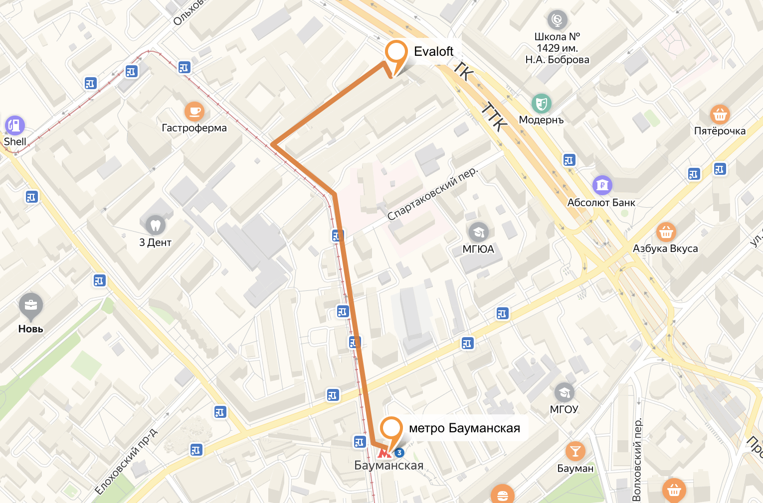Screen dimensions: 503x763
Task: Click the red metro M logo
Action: pos(383,453)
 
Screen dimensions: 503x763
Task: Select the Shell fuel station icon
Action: pos(15,125)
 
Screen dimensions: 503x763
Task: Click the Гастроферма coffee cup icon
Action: pos(194,111)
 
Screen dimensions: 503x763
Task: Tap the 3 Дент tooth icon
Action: pos(155,225)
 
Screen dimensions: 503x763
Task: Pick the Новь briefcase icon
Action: pos(30,305)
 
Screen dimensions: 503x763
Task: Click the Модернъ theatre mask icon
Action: pos(541,104)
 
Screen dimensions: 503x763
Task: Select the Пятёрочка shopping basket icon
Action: pos(719,115)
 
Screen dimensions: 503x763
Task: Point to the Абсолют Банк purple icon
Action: pos(602,185)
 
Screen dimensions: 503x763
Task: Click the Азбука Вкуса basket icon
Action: pos(666,232)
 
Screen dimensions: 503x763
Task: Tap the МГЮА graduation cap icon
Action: pos(478,232)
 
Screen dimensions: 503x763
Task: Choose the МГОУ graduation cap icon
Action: pos(564,392)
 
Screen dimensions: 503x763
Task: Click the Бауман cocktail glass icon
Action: pos(575,451)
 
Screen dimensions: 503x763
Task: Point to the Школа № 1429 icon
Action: pos(557,20)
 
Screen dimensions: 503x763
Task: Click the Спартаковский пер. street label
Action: pos(432,194)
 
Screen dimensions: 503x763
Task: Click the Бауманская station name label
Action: pos(388,466)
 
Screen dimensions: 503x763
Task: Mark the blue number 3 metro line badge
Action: pos(399,453)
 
